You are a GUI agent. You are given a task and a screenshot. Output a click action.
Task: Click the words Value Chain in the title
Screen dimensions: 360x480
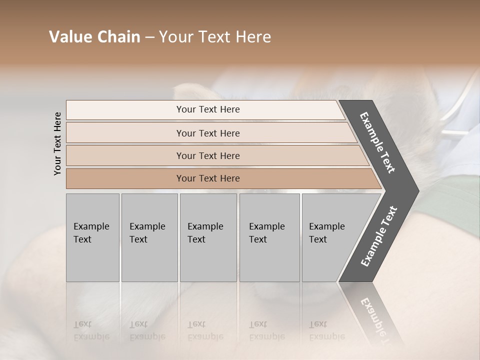pyautogui.click(x=94, y=37)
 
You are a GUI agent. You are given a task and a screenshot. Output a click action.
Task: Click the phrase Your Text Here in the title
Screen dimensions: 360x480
pyautogui.click(x=215, y=37)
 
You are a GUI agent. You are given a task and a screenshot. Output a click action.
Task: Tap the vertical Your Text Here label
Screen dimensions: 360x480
pyautogui.click(x=57, y=143)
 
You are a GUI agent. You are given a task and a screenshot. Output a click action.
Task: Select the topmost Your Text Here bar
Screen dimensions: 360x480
pyautogui.click(x=208, y=109)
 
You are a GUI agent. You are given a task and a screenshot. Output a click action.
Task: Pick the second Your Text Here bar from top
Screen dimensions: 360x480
pyautogui.click(x=208, y=133)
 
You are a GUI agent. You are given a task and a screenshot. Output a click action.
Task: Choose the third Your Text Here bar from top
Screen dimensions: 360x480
pyautogui.click(x=208, y=155)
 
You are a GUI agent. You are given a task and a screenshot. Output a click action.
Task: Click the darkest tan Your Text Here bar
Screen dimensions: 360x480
pyautogui.click(x=208, y=178)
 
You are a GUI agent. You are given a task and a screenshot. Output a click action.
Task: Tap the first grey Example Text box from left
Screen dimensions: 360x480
pyautogui.click(x=92, y=237)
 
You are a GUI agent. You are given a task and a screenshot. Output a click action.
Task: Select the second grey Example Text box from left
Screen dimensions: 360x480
pyautogui.click(x=149, y=237)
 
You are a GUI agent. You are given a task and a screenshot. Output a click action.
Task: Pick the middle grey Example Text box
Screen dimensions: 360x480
pyautogui.click(x=208, y=237)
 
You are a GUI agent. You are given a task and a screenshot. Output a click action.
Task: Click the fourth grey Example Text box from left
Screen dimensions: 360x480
pyautogui.click(x=269, y=237)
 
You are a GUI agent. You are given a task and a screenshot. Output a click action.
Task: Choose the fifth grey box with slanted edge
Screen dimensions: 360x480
pyautogui.click(x=330, y=237)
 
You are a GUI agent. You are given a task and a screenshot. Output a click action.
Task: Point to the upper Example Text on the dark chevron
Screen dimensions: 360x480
pyautogui.click(x=377, y=142)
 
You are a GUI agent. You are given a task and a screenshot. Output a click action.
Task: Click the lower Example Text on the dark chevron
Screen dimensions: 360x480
pyautogui.click(x=379, y=236)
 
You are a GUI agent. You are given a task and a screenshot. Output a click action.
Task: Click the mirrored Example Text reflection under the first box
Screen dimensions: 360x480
pyautogui.click(x=91, y=330)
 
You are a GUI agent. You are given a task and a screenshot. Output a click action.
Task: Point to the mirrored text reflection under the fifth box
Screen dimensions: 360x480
pyautogui.click(x=327, y=330)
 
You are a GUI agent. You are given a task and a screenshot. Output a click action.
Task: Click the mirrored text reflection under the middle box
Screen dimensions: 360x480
pyautogui.click(x=205, y=330)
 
